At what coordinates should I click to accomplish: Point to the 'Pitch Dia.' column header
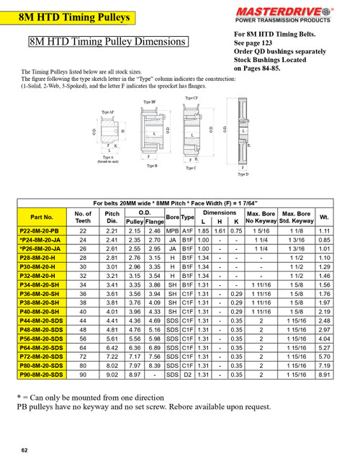(112, 216)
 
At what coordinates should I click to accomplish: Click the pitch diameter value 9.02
(112, 375)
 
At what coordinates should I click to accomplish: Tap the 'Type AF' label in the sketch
(107, 113)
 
